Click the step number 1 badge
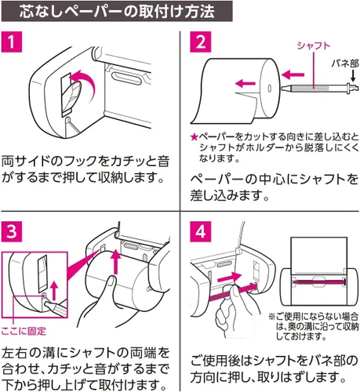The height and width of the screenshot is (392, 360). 12,42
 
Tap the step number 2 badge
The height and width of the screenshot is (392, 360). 200,42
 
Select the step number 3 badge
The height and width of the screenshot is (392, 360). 12,231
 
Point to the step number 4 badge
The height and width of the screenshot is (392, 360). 200,231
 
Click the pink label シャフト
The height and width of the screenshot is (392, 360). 313,45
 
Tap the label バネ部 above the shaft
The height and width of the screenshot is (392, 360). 345,64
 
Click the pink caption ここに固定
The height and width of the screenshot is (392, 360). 24,331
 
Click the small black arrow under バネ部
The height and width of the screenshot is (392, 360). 353,75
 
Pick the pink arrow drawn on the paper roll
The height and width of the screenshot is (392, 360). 245,84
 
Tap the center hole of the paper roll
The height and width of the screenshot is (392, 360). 269,88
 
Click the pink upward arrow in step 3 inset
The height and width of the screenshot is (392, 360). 54,291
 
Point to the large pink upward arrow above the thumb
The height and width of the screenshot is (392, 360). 115,262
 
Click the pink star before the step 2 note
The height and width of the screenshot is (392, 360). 195,137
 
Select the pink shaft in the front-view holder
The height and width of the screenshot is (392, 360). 319,281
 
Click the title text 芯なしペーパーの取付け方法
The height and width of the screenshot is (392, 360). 117,12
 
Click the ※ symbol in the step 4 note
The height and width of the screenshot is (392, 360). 272,317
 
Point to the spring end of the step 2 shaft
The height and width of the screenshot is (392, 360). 353,88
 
